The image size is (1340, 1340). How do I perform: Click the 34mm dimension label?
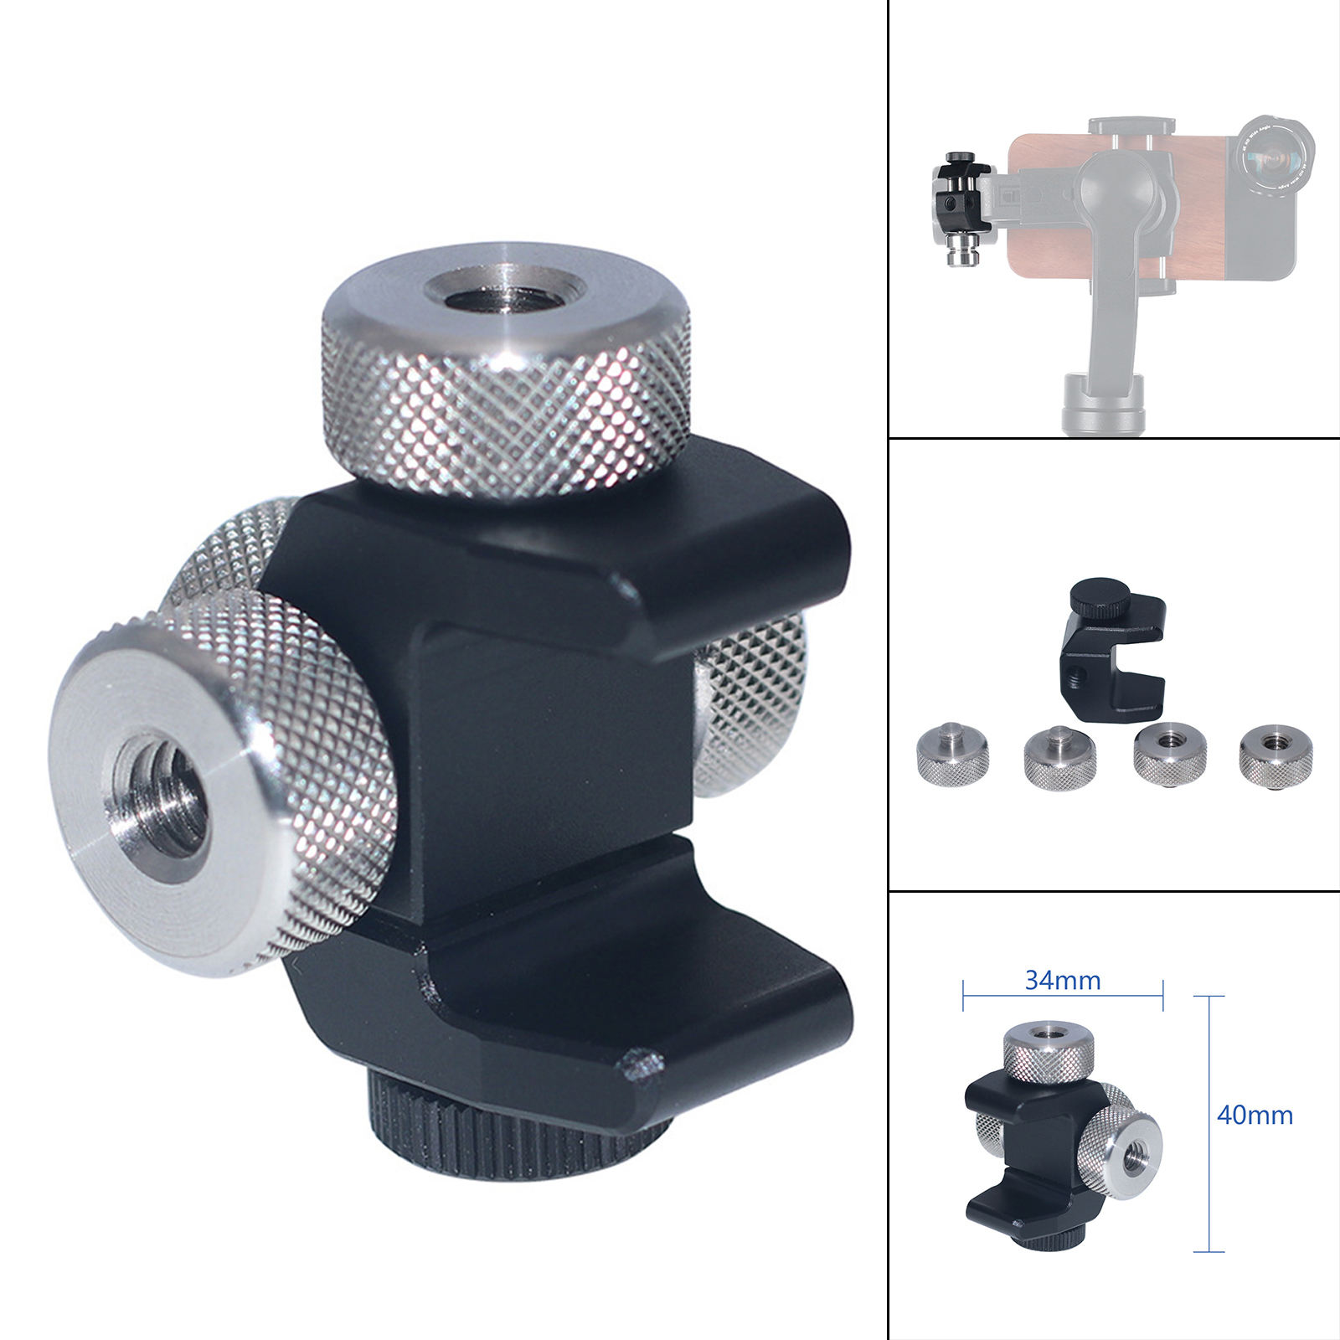[x=1062, y=980]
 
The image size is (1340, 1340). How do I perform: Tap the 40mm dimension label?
[x=1254, y=1115]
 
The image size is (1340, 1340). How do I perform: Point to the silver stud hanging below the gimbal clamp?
[x=961, y=252]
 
